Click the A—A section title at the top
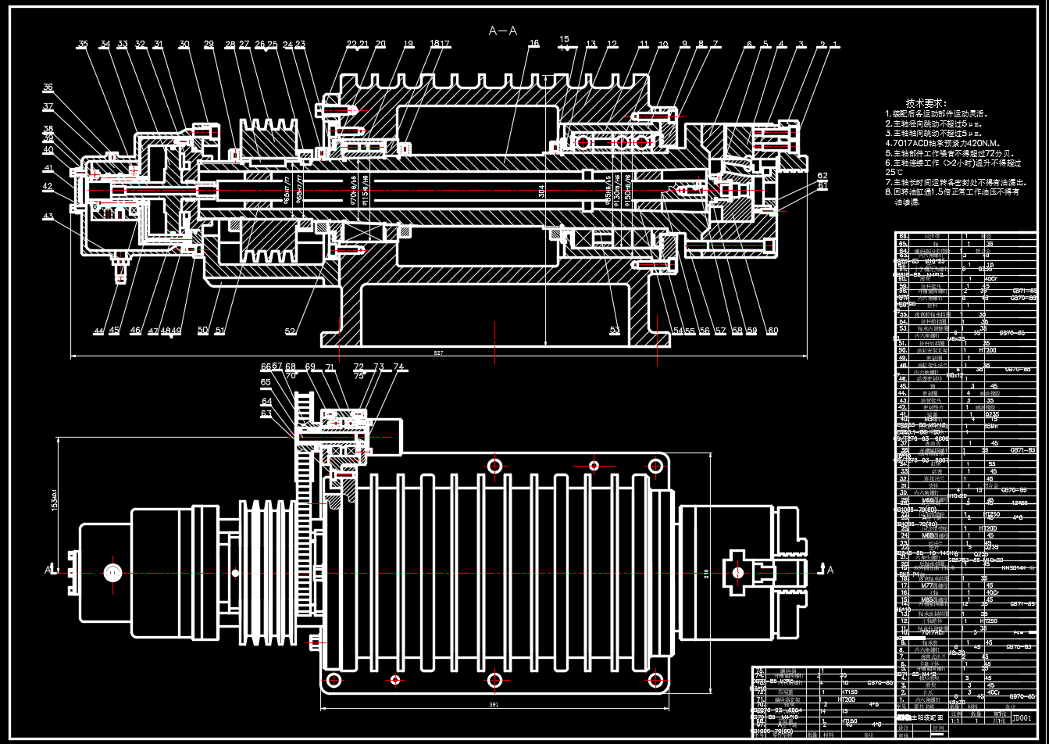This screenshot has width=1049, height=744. coord(503,31)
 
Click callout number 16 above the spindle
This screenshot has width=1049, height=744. coord(534,45)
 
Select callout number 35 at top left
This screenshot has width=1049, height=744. coord(83,45)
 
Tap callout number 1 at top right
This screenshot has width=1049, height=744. coord(835,45)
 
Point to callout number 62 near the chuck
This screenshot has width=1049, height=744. coord(822,176)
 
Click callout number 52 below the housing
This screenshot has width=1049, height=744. coord(291,331)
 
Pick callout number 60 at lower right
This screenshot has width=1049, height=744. coord(773,331)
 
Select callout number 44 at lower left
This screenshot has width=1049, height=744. coord(98,331)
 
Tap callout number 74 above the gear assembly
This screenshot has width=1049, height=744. coord(398,367)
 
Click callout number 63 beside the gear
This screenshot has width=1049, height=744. coord(266,413)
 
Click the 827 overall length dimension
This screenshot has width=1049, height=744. coord(438,353)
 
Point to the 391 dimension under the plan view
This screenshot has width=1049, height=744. coord(494,704)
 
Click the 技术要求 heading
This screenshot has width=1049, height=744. coord(926,103)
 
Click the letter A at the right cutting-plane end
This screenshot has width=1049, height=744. coord(830,570)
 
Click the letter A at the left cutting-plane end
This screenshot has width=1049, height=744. coord(48,571)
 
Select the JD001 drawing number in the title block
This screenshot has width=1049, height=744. coord(1022,717)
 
